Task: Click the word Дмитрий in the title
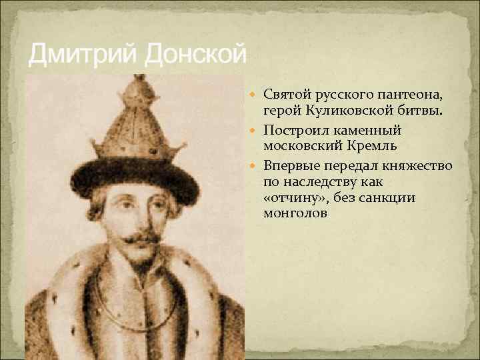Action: coord(80,54)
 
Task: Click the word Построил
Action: coord(295,129)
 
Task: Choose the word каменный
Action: coord(365,129)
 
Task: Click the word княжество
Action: coord(415,165)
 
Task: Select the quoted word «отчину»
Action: coord(291,197)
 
